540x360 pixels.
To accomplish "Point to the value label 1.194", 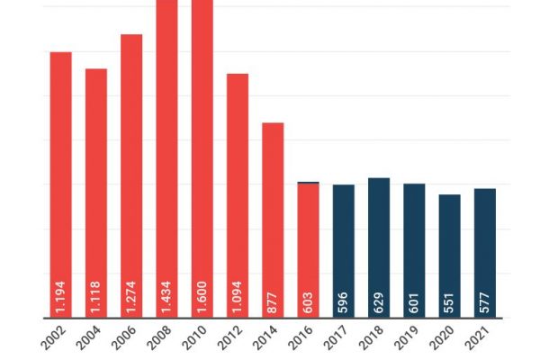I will pos(60,296).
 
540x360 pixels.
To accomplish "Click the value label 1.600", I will pos(202,296).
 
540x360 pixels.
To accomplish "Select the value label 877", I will pos(273,301).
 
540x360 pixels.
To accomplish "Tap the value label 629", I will pos(379,301).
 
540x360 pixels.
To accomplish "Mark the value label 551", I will pos(449,301).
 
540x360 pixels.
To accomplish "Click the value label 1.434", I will pos(166,296).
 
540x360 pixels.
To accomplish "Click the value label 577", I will pos(485,301).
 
